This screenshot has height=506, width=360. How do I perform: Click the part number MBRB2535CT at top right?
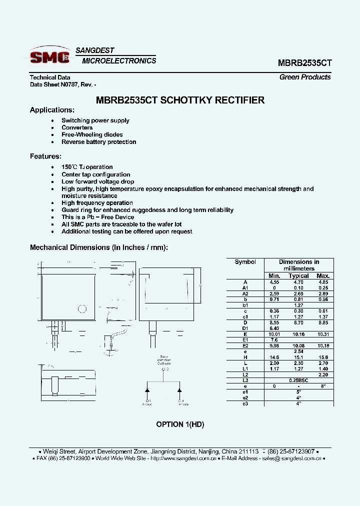pyautogui.click(x=304, y=63)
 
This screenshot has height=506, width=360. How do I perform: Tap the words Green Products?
pyautogui.click(x=304, y=77)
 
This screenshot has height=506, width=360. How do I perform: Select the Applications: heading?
pyautogui.click(x=52, y=110)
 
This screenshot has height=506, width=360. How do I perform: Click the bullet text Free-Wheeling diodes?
pyautogui.click(x=92, y=134)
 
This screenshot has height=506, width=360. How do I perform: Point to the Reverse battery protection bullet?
pyautogui.click(x=98, y=142)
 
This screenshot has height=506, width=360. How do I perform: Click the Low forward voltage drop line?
pyautogui.click(x=97, y=181)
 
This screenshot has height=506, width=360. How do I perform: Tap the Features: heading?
pyautogui.click(x=45, y=156)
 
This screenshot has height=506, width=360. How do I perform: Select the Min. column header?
pyautogui.click(x=274, y=275)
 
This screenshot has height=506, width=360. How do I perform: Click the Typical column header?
pyautogui.click(x=298, y=275)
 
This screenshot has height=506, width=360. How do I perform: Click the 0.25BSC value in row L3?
pyautogui.click(x=298, y=380)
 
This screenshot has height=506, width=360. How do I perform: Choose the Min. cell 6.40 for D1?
pyautogui.click(x=274, y=328)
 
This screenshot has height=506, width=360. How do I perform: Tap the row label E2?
pyautogui.click(x=245, y=345)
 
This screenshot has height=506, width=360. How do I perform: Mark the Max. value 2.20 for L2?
pyautogui.click(x=323, y=374)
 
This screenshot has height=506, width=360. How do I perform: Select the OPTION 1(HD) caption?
pyautogui.click(x=180, y=424)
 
